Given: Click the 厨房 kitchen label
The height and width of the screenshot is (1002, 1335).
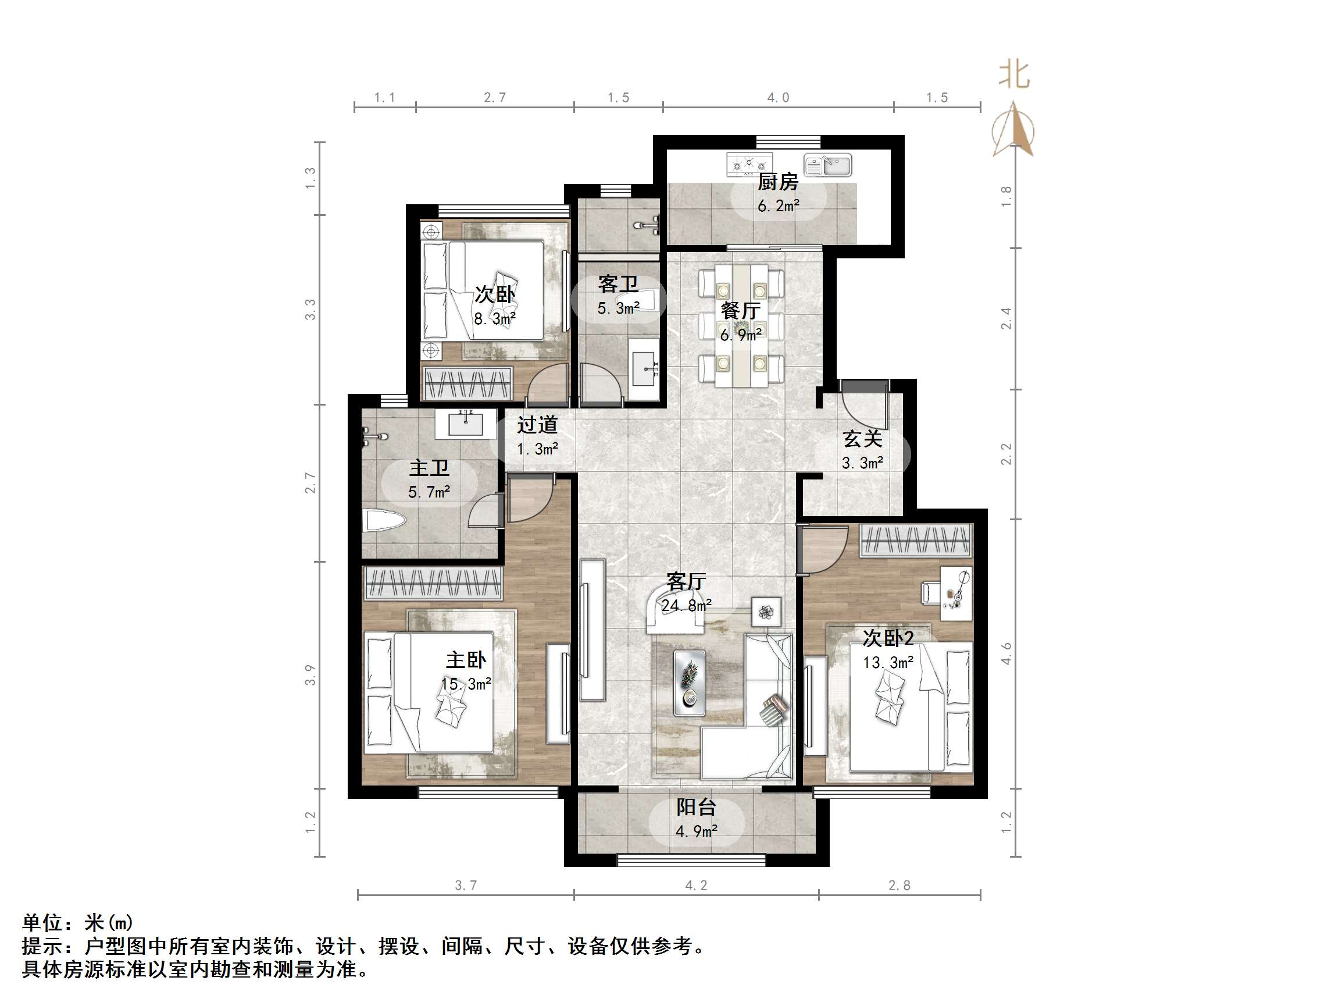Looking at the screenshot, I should coord(778,181).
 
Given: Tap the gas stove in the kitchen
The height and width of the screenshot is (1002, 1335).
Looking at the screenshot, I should coord(749,163).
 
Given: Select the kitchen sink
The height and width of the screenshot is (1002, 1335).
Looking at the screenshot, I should coord(827,165).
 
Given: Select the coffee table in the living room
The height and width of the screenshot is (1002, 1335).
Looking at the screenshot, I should coord(689,683).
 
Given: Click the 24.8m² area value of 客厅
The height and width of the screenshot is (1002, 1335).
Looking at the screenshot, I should coord(686,605).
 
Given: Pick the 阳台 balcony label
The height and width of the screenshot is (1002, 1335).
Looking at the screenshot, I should coord(696,807).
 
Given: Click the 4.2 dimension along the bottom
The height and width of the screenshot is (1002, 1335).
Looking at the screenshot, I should coord(696,886).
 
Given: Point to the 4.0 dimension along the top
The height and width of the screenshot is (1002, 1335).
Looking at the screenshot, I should coord(778,97).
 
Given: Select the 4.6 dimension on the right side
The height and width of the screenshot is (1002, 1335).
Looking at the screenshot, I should coord(1005,653).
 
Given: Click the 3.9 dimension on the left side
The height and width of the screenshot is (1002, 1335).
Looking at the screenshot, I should coord(309,674).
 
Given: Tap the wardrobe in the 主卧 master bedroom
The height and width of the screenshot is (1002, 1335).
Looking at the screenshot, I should coord(433,584).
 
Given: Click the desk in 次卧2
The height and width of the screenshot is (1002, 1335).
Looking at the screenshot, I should coord(956,592).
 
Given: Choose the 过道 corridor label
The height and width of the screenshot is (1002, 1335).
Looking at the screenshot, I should coord(537,425).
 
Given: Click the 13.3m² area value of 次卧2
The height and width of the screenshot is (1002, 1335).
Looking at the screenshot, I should coord(888,663).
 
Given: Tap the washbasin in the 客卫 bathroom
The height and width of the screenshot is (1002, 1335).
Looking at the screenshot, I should coord(643,368).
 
